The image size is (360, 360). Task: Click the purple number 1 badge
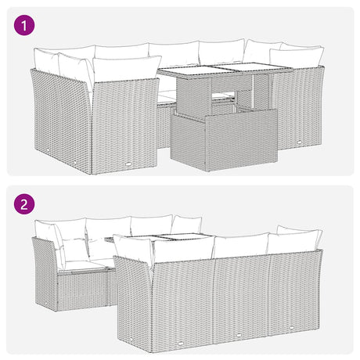(24, 26)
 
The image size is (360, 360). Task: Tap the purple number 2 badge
(24, 204)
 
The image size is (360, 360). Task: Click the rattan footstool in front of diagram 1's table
(224, 140)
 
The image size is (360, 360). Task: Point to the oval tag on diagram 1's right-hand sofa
(299, 142)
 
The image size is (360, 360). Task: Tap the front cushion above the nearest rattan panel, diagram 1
(126, 69)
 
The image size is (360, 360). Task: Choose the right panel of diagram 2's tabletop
(186, 236)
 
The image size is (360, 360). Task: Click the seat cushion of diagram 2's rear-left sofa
(82, 265)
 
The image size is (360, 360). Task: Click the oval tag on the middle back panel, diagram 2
(238, 335)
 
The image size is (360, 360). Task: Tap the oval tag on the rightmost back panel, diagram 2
(291, 327)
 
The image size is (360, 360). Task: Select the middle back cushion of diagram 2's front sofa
(241, 246)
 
